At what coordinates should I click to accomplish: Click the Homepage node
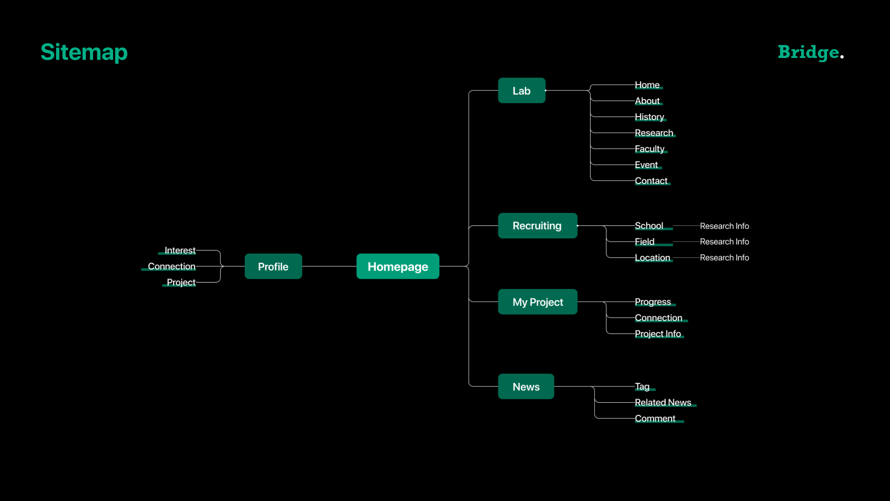(x=398, y=266)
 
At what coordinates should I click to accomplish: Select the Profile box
(x=273, y=266)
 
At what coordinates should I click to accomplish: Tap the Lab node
(x=521, y=90)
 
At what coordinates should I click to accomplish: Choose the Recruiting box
(x=537, y=225)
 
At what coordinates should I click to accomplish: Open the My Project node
(x=538, y=302)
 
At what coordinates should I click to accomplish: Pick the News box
(x=526, y=386)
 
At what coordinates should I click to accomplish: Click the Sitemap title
(x=84, y=52)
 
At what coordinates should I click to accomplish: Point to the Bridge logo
(x=810, y=52)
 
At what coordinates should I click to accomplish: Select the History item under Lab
(x=649, y=117)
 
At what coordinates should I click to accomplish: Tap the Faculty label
(x=649, y=149)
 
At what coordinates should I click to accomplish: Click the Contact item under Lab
(x=651, y=181)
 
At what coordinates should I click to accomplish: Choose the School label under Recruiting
(x=649, y=226)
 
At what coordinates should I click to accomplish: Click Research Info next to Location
(x=724, y=257)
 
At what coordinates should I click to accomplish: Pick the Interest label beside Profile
(x=180, y=250)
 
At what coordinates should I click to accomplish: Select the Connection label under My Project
(x=658, y=318)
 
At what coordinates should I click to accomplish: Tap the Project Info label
(x=658, y=334)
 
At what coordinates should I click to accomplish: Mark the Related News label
(x=663, y=403)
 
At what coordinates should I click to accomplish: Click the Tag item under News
(x=642, y=386)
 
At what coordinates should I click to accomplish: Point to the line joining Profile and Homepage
(x=329, y=266)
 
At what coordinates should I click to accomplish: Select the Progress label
(x=653, y=302)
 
